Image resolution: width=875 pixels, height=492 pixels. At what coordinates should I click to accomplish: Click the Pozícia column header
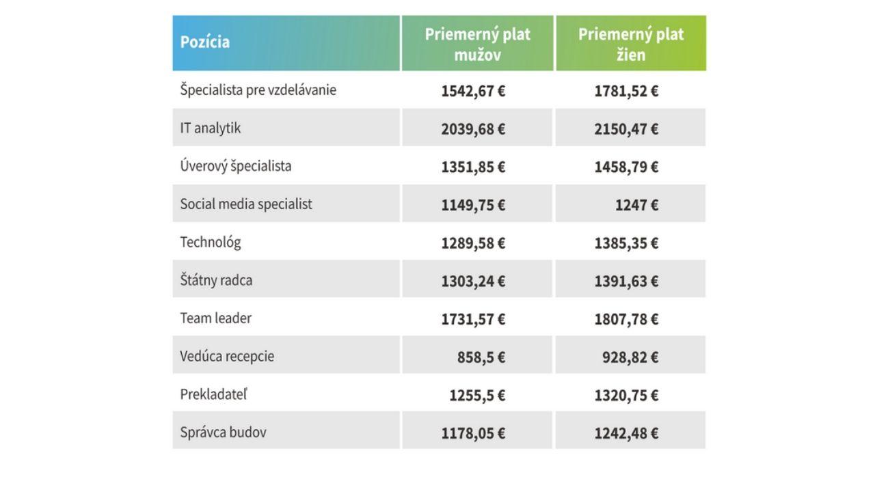point(205,42)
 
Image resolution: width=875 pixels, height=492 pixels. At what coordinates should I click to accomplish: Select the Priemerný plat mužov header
point(477,44)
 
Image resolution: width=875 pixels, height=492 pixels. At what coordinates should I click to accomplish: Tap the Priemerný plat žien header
point(630,44)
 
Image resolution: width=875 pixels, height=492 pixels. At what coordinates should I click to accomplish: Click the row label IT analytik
point(211,128)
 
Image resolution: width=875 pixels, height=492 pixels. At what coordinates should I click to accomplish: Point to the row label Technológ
point(211,243)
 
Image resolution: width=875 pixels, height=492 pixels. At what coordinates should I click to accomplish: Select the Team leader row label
point(215,318)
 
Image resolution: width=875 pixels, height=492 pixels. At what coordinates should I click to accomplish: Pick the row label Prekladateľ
point(214,394)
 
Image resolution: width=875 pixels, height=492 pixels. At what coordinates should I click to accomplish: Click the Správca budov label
point(223,433)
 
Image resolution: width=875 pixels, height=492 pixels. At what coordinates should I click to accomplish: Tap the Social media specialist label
point(246,204)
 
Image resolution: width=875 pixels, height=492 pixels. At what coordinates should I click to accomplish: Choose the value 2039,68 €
point(473,129)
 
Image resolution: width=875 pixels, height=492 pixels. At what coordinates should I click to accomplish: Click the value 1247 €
point(636,205)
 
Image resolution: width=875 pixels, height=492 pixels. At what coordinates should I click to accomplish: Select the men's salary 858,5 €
point(481,357)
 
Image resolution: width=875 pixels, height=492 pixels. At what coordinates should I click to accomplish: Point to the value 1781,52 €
point(626,91)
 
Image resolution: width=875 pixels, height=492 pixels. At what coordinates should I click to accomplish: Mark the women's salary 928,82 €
point(630,357)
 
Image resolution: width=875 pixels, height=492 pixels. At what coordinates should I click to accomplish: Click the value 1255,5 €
point(477,396)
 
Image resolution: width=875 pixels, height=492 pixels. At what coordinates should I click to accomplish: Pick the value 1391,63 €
point(626,282)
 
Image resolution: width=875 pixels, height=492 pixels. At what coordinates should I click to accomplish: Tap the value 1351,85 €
point(473,167)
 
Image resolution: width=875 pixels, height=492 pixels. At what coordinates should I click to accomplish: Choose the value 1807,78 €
point(626,319)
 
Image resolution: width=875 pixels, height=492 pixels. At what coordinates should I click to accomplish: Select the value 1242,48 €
point(626,433)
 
